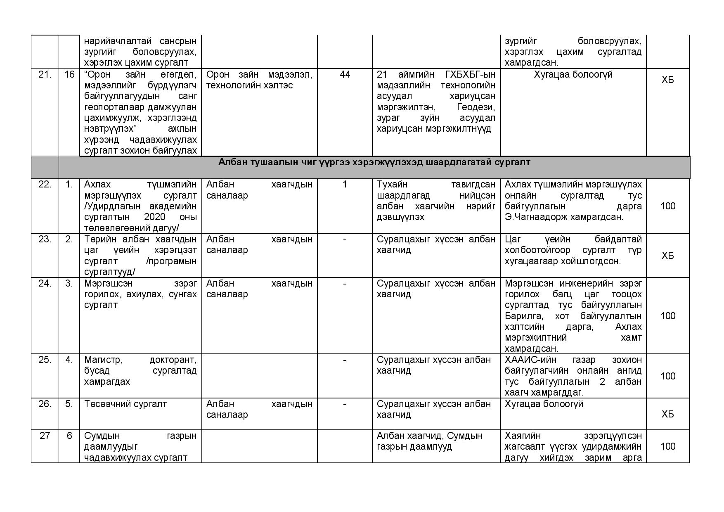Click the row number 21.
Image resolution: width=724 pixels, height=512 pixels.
point(45,75)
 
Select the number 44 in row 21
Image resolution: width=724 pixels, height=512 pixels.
point(345,74)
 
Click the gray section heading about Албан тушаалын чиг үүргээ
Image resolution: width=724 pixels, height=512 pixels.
point(374,162)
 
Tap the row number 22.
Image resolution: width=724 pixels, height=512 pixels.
point(45,185)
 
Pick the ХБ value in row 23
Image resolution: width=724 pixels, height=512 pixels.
point(667,256)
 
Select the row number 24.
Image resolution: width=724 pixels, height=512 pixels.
point(45,284)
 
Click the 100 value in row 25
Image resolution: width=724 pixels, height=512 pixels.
point(668,376)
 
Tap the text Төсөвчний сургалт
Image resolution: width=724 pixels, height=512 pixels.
point(125,404)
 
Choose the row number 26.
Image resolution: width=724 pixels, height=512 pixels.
point(45,404)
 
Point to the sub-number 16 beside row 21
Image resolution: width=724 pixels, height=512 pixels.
point(69,75)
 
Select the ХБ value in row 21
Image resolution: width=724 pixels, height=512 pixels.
point(667,80)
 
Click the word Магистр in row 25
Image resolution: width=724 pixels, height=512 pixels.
point(103,360)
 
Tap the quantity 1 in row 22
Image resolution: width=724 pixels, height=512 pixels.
point(345,185)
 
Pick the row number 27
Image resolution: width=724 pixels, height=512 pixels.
point(45,436)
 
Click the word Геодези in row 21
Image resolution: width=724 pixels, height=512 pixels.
point(476,107)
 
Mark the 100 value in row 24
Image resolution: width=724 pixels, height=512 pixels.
point(668,316)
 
